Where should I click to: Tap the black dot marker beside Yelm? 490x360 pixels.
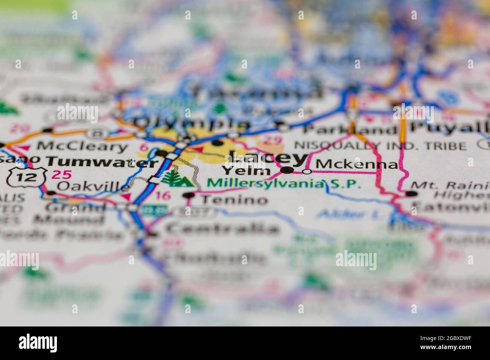pos(288,171)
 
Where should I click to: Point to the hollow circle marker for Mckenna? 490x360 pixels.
pos(307,172)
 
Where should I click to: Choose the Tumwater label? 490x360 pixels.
pos(102,162)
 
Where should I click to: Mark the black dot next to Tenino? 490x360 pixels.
pos(189,195)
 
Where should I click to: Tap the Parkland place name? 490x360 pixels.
pos(351,130)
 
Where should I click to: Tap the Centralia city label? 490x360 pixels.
pos(222,228)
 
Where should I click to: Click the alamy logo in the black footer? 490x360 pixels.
pos(38,343)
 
